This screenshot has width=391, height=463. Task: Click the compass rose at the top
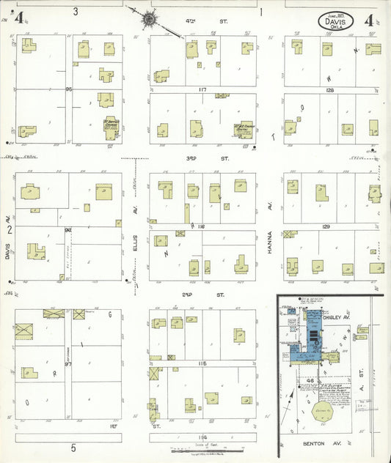150,18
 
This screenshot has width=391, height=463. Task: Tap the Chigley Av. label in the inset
350,317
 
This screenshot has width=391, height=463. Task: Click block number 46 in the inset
310,382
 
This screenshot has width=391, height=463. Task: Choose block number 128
329,90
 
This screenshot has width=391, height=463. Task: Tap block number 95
70,89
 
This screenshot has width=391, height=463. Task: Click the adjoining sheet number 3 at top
76,11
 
